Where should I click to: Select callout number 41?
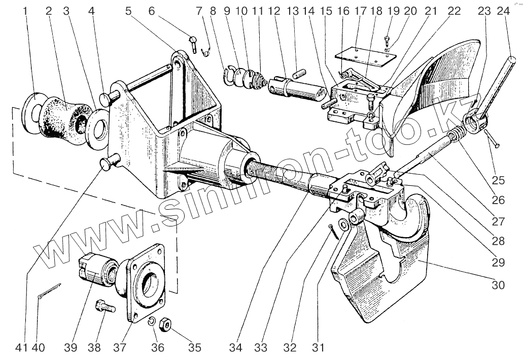click(21, 348)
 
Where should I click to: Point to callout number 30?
click(498, 285)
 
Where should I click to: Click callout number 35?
click(195, 348)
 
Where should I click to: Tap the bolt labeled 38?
click(104, 307)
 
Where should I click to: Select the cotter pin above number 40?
click(49, 292)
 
